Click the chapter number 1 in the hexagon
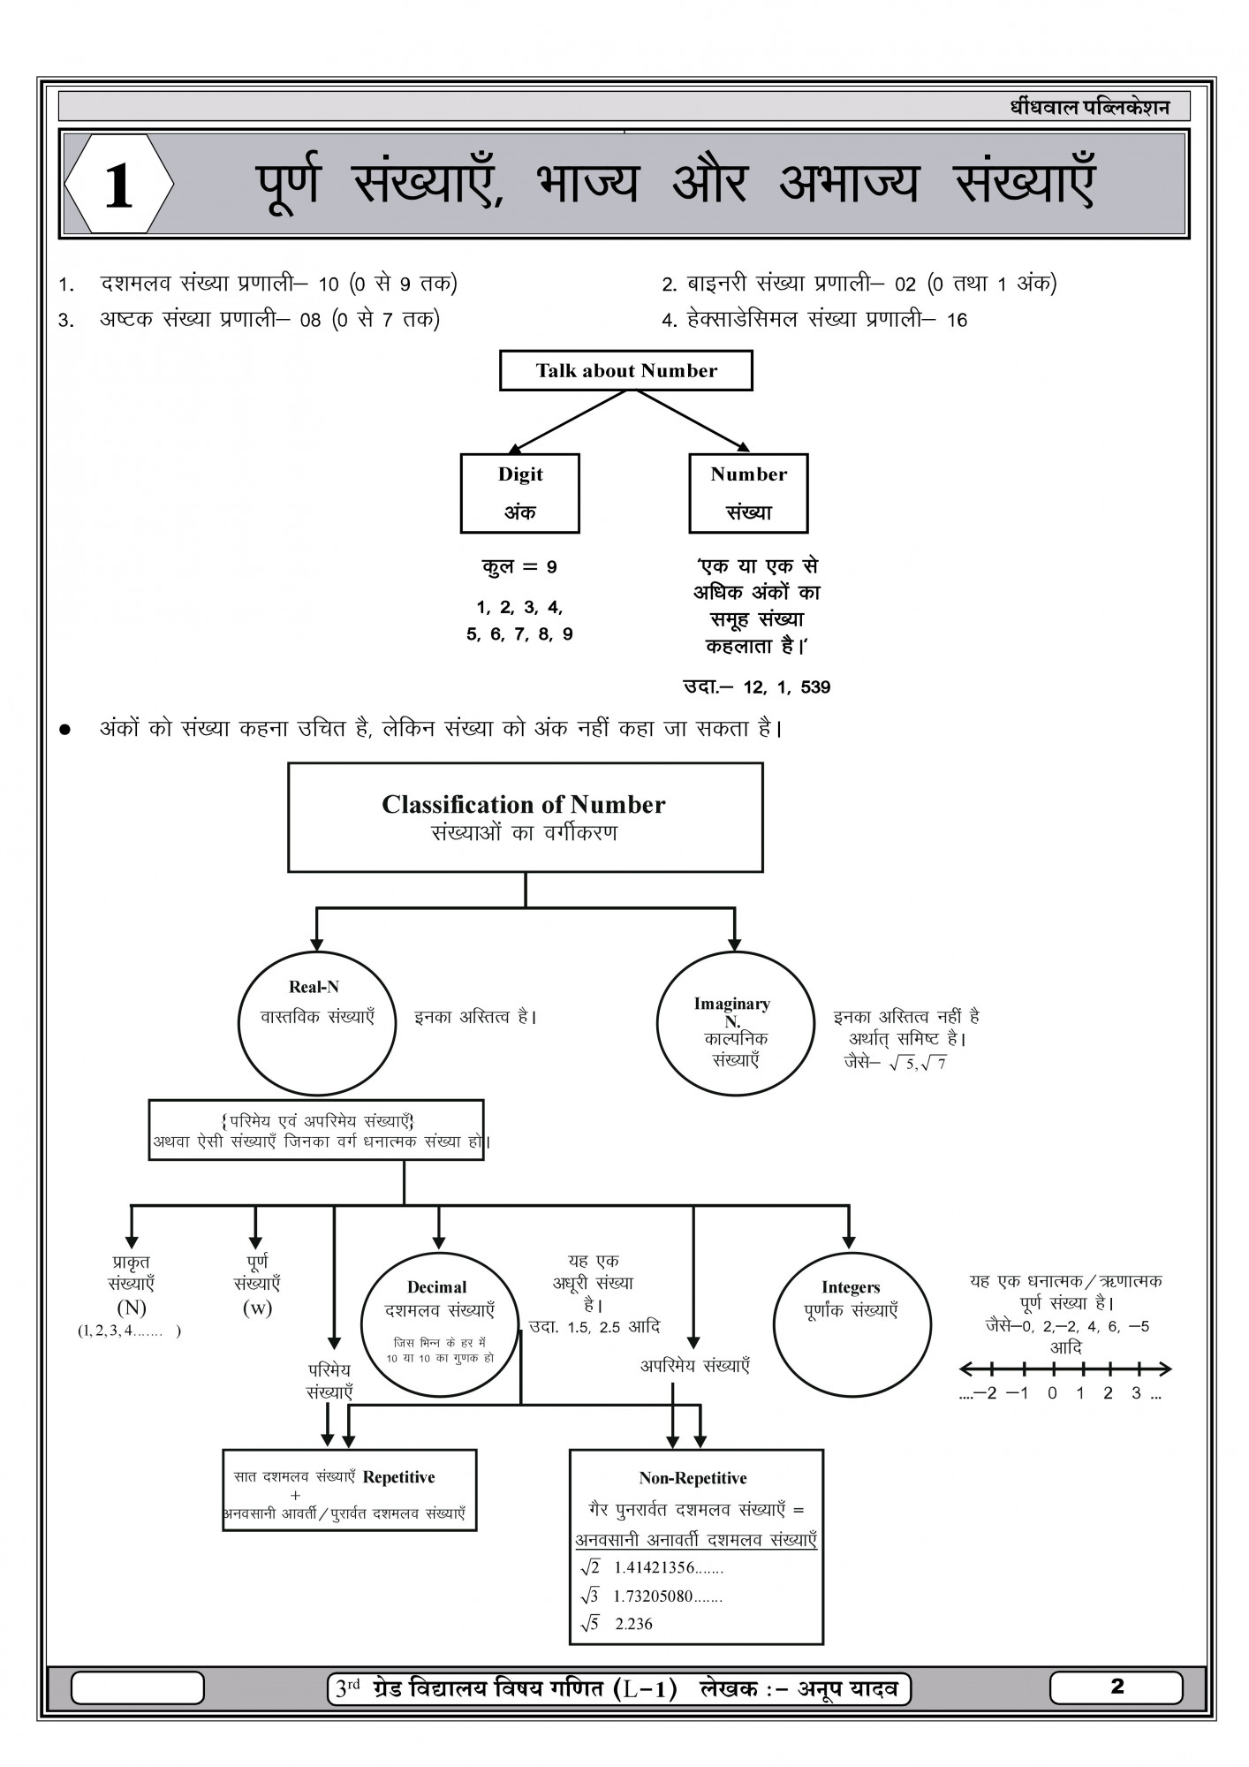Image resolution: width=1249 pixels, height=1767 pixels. [x=118, y=186]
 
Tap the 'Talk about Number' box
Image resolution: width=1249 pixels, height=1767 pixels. [x=625, y=371]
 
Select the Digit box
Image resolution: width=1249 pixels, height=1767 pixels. [x=519, y=493]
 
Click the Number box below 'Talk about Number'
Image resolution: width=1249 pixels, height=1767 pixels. [x=748, y=493]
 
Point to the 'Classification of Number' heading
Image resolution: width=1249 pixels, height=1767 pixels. [x=524, y=805]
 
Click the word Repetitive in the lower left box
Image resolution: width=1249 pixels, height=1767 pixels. [x=399, y=1477]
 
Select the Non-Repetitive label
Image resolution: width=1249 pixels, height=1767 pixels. [x=693, y=1478]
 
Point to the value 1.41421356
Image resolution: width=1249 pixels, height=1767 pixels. [x=655, y=1568]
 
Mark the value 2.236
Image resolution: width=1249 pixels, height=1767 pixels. [x=634, y=1624]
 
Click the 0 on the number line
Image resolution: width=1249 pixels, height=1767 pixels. [x=1052, y=1393]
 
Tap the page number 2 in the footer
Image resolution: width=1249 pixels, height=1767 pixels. [x=1117, y=1687]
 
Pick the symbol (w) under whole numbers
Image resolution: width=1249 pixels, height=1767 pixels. [x=257, y=1308]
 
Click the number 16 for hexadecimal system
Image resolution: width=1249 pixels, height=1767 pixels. [x=957, y=321]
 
